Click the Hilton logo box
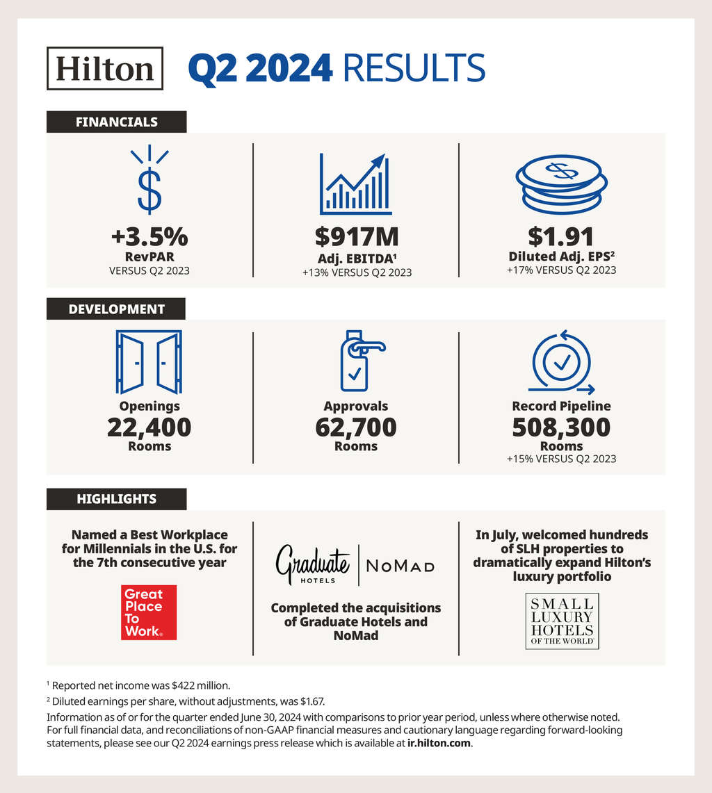click(105, 68)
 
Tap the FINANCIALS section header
click(116, 122)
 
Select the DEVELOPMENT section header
click(116, 309)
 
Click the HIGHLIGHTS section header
click(116, 499)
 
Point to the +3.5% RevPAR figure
click(149, 237)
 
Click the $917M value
click(357, 237)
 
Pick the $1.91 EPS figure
click(561, 237)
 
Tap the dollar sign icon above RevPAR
click(149, 182)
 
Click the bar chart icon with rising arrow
click(355, 184)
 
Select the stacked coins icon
click(561, 184)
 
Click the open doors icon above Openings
click(149, 361)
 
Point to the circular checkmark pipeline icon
click(560, 361)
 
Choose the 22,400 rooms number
click(149, 427)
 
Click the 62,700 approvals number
click(356, 427)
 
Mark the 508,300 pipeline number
click(561, 427)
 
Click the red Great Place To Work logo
click(149, 612)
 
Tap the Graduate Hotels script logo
click(314, 564)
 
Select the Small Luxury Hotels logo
click(562, 621)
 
